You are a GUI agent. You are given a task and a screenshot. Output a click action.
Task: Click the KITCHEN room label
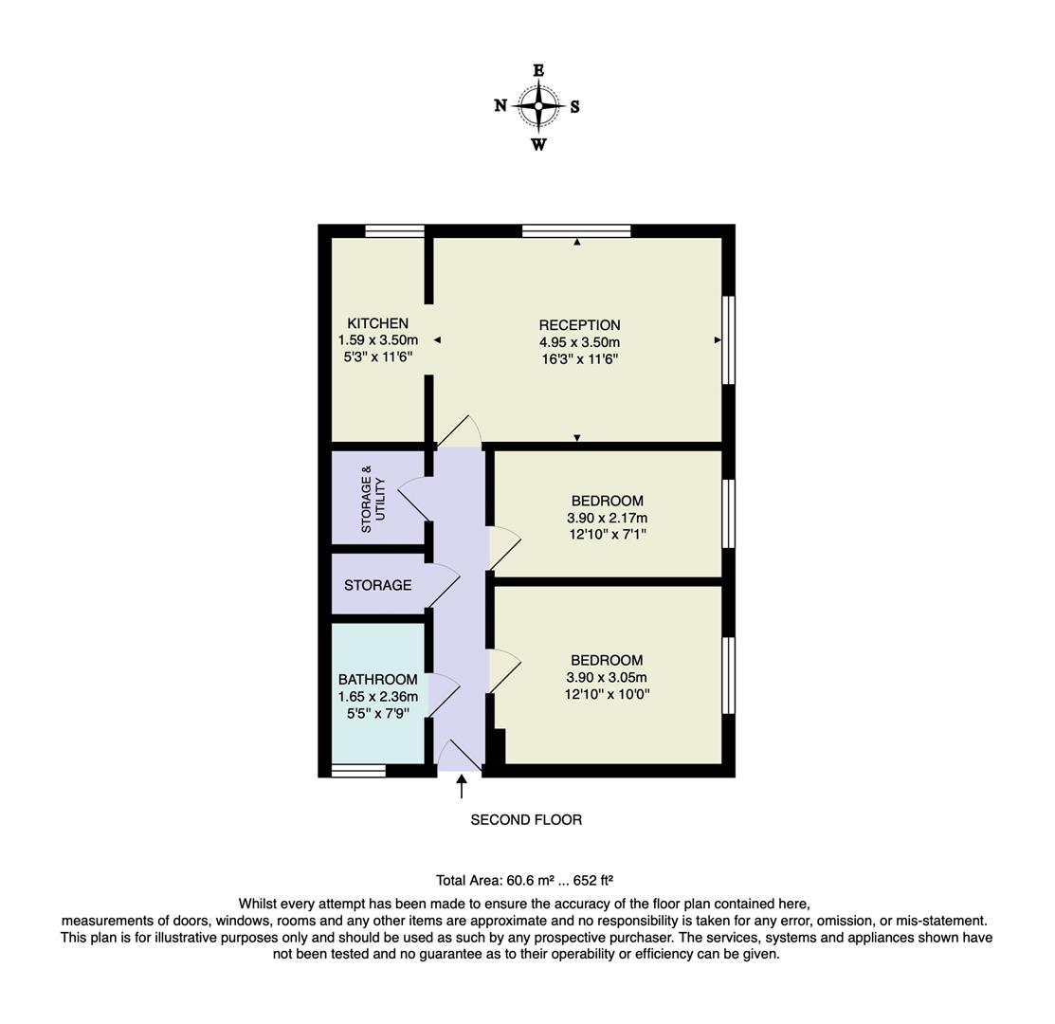[377, 323]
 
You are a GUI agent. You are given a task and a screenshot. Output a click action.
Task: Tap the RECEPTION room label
[579, 324]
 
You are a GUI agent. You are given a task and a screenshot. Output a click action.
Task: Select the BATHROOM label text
[377, 679]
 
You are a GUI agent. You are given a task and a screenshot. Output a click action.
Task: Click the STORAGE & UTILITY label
[373, 499]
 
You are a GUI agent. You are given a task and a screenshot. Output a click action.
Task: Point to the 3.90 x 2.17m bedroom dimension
[607, 518]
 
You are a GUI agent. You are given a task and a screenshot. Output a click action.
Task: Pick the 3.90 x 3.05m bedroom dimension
[607, 677]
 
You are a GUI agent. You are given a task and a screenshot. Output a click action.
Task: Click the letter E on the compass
[538, 70]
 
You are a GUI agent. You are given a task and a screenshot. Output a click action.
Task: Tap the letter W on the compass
[538, 145]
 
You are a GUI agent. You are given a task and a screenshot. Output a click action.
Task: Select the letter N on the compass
[500, 105]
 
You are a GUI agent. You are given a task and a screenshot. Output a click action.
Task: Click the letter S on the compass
[574, 106]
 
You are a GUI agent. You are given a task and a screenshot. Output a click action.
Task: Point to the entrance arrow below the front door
[462, 786]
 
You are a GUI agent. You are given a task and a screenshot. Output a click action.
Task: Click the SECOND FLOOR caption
[526, 819]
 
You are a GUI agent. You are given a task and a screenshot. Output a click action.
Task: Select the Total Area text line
[531, 880]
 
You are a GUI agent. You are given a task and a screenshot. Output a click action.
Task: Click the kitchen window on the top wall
[394, 230]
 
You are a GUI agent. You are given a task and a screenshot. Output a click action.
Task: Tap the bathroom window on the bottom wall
[358, 770]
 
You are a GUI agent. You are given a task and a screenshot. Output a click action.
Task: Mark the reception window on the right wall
[728, 339]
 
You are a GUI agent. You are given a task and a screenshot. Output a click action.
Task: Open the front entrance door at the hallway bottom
[460, 756]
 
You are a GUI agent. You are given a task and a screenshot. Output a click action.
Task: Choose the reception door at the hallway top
[459, 430]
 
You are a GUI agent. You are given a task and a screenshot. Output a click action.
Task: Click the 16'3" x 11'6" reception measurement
[579, 359]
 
